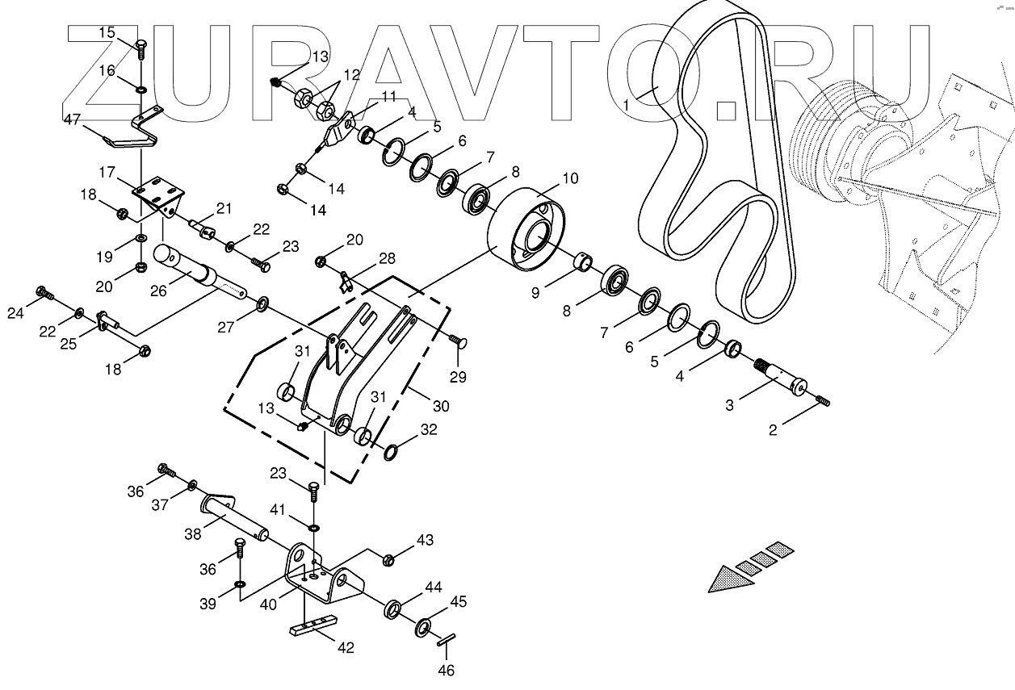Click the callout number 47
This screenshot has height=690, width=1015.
coord(72,119)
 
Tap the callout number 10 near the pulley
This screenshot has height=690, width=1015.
coord(570,178)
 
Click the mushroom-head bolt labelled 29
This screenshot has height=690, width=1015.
coord(460,342)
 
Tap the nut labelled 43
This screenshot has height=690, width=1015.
coord(388,559)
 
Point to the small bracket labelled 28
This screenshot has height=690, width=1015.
coord(346,282)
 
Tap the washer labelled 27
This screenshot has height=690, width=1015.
coord(262,304)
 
